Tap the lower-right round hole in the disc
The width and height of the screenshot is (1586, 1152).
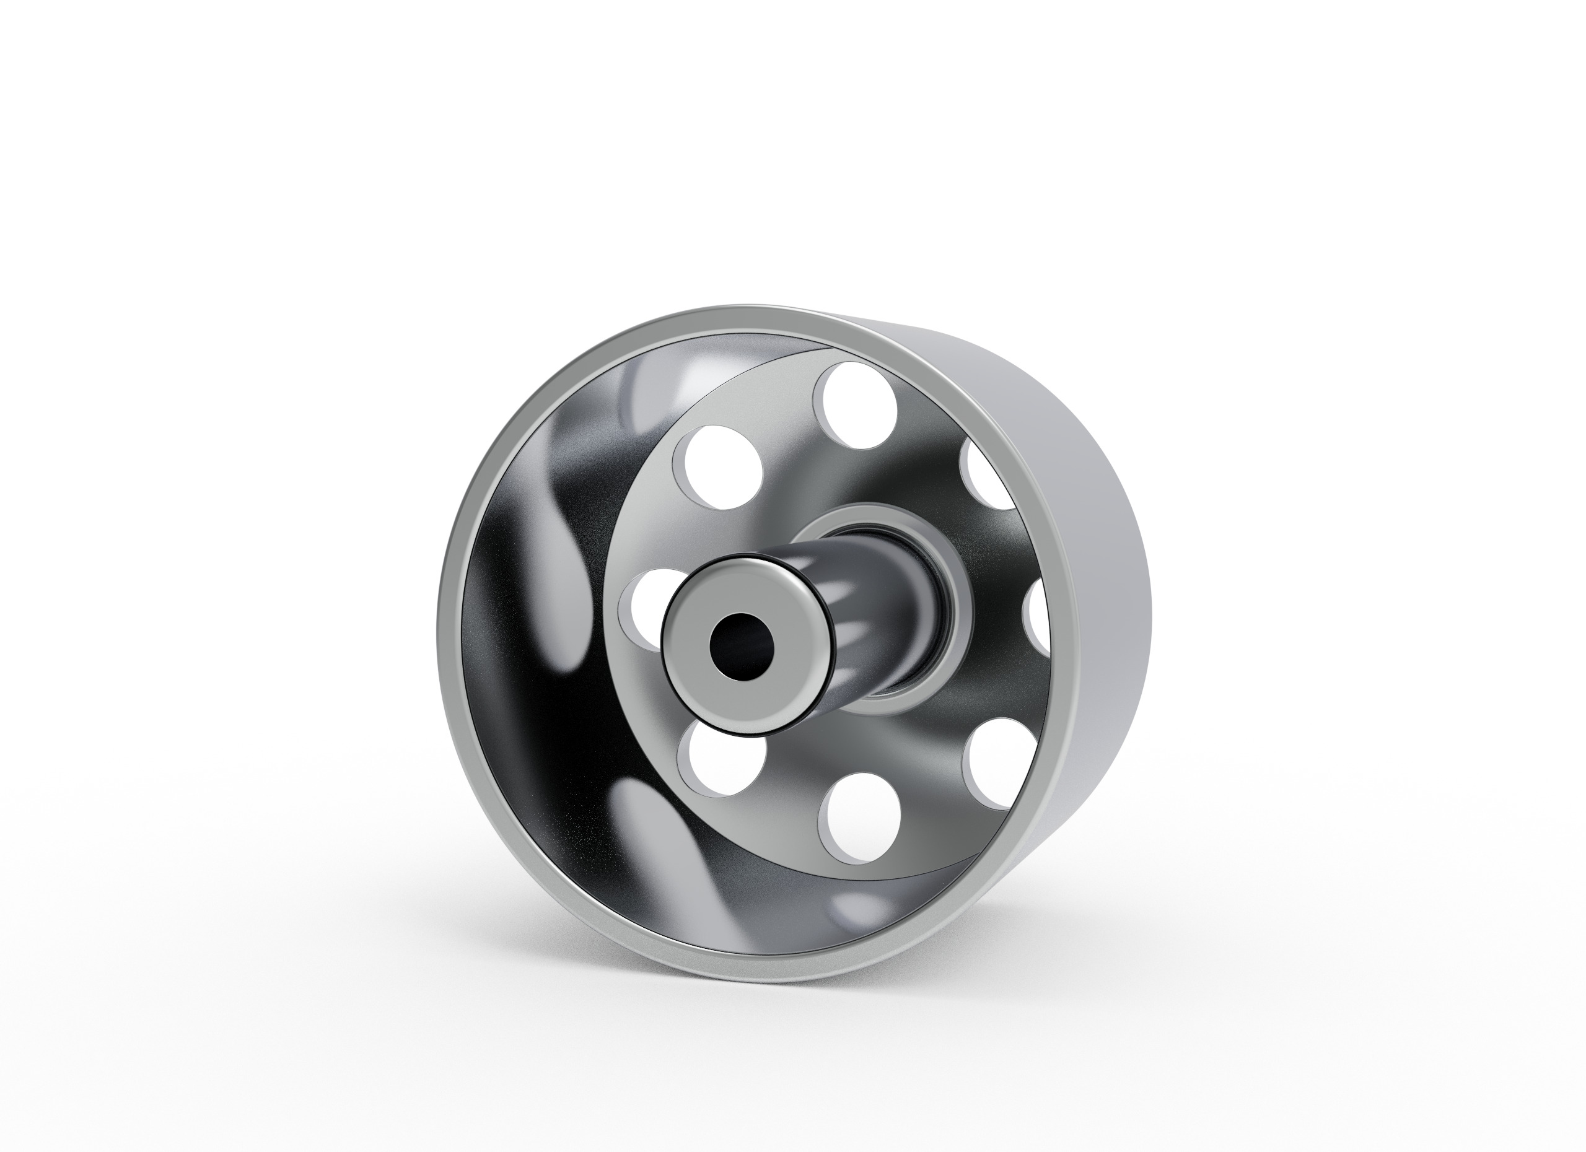point(993,762)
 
